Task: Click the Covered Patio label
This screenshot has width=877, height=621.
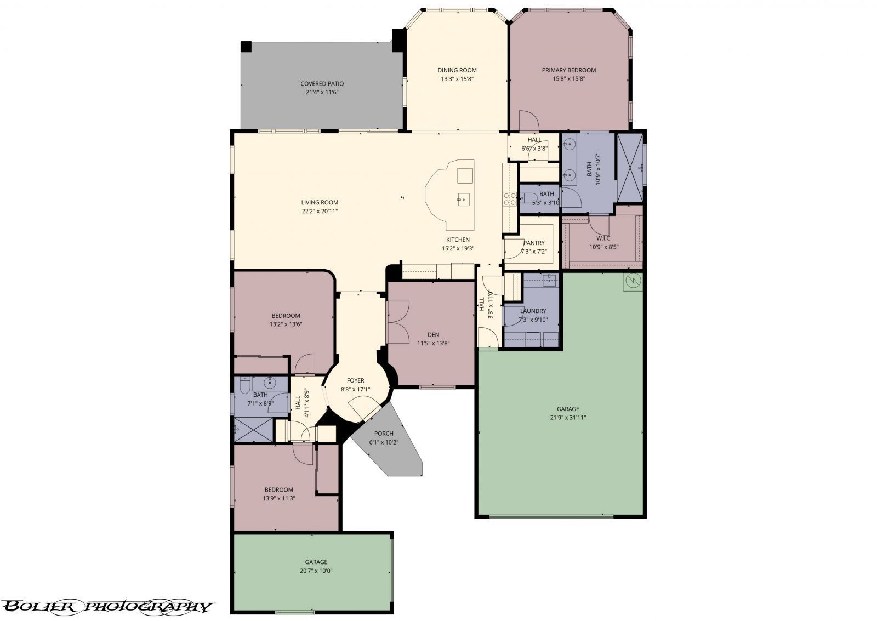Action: tap(322, 83)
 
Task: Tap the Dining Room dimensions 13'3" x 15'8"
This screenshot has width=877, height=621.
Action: tap(457, 79)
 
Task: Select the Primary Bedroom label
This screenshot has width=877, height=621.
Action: tap(569, 70)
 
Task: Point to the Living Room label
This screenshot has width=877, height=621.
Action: tap(320, 202)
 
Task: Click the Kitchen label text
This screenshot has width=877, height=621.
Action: tap(458, 240)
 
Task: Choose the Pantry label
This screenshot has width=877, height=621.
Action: tap(534, 243)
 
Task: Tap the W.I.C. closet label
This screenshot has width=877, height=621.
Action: tap(603, 238)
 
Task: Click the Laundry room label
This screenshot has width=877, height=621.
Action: tap(533, 311)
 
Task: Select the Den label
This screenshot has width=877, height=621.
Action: tap(433, 335)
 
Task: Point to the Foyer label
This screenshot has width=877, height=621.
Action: tap(356, 380)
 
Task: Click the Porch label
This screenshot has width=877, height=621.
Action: tap(384, 434)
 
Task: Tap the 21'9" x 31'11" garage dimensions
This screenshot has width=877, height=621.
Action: tap(568, 418)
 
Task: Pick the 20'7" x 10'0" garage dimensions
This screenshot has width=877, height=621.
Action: tap(316, 571)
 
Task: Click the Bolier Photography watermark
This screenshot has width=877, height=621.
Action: tap(107, 607)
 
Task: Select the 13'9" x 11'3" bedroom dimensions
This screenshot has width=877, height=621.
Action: tap(279, 498)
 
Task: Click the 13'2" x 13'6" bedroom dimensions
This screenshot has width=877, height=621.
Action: tap(286, 324)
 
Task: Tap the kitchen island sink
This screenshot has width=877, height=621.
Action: tap(464, 200)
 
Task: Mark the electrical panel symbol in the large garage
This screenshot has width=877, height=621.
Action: tap(633, 281)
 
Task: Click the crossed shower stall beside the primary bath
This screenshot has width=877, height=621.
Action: tap(630, 168)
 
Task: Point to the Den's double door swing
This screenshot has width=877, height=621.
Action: tap(398, 323)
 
